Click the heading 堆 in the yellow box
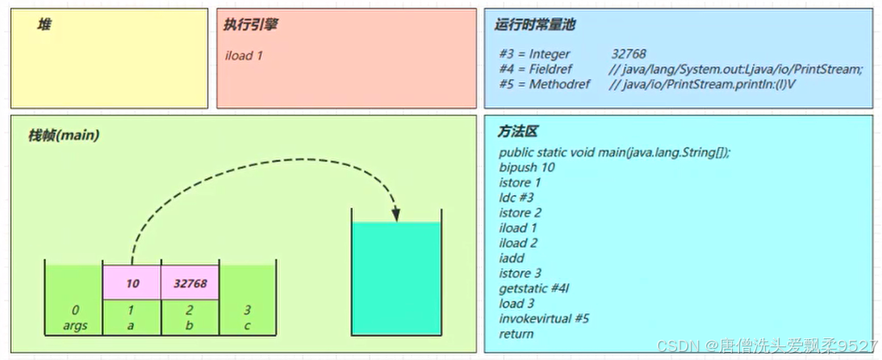pyautogui.click(x=44, y=25)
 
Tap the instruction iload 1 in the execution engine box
pyautogui.click(x=245, y=56)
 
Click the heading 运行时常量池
pyautogui.click(x=534, y=25)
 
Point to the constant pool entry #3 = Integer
pyautogui.click(x=534, y=54)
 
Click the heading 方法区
pyautogui.click(x=517, y=132)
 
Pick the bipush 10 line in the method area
pyautogui.click(x=526, y=167)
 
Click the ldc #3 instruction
pyautogui.click(x=516, y=197)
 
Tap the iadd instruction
pyautogui.click(x=512, y=258)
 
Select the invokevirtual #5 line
pyautogui.click(x=544, y=318)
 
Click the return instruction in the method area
pyautogui.click(x=516, y=333)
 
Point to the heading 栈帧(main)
pyautogui.click(x=64, y=136)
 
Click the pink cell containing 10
pyautogui.click(x=132, y=283)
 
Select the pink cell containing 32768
pyautogui.click(x=190, y=283)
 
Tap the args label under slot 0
pyautogui.click(x=74, y=324)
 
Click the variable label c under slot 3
pyautogui.click(x=248, y=324)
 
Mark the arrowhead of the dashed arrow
pyautogui.click(x=396, y=214)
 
